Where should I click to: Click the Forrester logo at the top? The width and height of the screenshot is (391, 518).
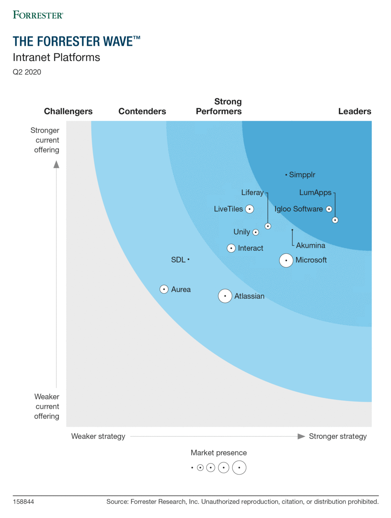coord(38,15)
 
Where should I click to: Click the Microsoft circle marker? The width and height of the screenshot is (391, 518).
coord(286,261)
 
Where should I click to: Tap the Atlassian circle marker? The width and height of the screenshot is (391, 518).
coord(225,296)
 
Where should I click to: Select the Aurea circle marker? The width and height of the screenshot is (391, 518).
coord(164,289)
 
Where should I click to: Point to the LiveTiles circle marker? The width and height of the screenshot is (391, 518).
coord(250,209)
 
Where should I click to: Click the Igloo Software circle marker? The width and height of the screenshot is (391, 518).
coord(329,209)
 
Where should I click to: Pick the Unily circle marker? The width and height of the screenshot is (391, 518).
coord(256,232)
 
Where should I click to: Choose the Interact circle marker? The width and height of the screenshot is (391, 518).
coord(231,248)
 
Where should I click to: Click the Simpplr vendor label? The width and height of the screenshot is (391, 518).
coord(302,175)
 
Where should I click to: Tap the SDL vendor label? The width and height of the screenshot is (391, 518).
coord(178,260)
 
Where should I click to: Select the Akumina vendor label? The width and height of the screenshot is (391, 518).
coord(310,246)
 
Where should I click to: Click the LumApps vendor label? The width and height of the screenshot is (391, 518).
coord(315,193)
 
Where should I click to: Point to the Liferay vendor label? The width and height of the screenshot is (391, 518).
coord(252,193)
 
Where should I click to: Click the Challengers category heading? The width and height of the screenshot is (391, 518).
coord(68,111)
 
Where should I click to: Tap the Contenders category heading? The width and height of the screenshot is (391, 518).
coord(142,111)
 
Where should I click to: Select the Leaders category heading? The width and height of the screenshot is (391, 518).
coord(354,111)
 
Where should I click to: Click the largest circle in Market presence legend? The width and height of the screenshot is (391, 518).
coord(239,467)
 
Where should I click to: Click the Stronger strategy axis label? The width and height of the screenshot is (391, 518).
coord(338,436)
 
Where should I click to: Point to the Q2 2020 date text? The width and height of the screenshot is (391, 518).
coord(27,72)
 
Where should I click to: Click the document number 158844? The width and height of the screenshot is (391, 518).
coord(24,502)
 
